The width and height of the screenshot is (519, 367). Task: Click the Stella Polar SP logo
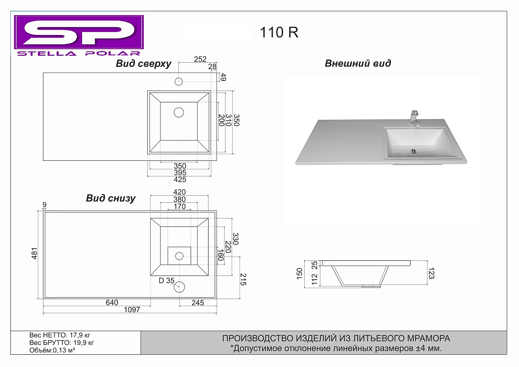[x=79, y=36]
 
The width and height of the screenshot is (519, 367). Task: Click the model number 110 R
[x=279, y=33]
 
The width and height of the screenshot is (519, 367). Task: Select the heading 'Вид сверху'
[x=143, y=64]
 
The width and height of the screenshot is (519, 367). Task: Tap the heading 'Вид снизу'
[x=110, y=198]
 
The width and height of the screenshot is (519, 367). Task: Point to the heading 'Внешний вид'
[x=358, y=63]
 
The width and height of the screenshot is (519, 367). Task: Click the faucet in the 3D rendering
[x=414, y=119]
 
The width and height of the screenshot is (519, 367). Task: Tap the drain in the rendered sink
[x=413, y=151]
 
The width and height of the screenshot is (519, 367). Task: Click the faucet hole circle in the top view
[x=179, y=82]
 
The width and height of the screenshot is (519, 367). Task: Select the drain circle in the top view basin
[x=179, y=113]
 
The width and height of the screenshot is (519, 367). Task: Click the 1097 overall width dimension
[x=132, y=310]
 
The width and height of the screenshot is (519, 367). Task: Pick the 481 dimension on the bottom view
[x=34, y=253]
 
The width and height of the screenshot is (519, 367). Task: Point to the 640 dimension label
[x=112, y=303]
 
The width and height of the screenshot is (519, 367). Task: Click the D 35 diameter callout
[x=167, y=281]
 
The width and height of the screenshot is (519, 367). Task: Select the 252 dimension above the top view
[x=200, y=59]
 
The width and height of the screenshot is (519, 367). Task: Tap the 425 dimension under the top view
[x=180, y=180]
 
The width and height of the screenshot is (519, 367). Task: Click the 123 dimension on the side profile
[x=431, y=273]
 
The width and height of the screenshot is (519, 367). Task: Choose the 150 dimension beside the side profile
[x=300, y=274]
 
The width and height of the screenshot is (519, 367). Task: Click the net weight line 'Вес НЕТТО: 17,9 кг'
[x=60, y=335]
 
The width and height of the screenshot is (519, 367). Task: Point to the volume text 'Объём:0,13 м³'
[x=52, y=350]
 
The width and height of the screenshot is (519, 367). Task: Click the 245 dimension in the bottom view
[x=198, y=303]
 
